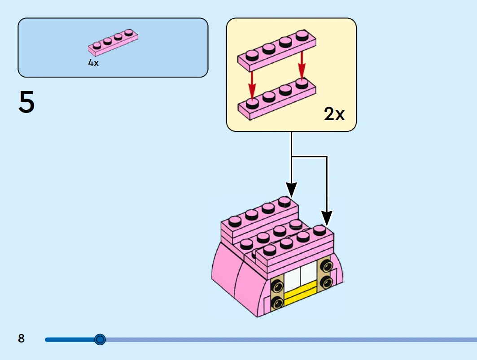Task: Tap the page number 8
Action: [x=21, y=338]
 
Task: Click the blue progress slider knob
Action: [x=100, y=339]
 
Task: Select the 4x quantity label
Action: [x=93, y=63]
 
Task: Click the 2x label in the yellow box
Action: [x=334, y=114]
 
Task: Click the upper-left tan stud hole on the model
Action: [x=278, y=285]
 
